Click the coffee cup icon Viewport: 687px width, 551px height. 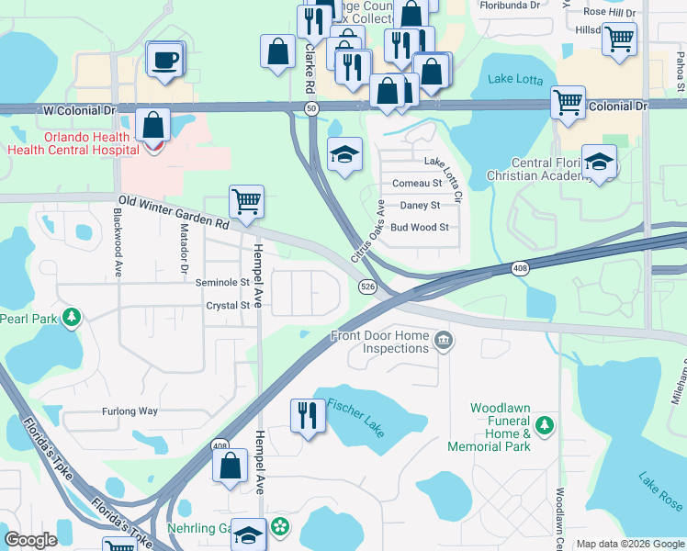[x=165, y=61]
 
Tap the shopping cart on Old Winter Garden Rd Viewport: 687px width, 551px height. [x=246, y=201]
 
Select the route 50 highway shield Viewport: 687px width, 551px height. [x=312, y=108]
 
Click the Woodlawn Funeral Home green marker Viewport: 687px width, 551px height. [x=545, y=424]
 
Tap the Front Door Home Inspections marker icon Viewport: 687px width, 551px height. [x=444, y=342]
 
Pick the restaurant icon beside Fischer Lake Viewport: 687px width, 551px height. [x=306, y=415]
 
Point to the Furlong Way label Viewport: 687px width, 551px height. [x=130, y=411]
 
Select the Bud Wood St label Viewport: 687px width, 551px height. [x=419, y=227]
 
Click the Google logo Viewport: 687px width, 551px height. [x=31, y=540]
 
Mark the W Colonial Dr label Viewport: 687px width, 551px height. [x=80, y=109]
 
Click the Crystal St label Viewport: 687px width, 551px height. [x=228, y=306]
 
